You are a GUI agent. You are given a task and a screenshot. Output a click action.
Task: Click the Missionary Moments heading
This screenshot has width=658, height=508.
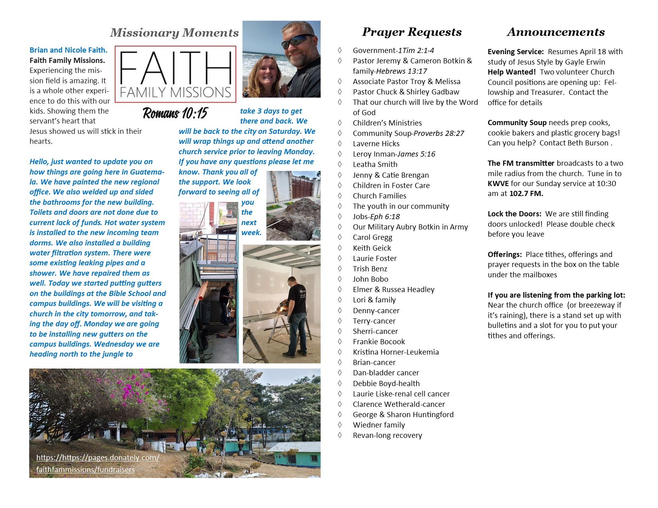pos(174,33)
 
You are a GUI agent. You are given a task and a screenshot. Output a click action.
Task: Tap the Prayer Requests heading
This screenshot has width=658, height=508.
pos(412,32)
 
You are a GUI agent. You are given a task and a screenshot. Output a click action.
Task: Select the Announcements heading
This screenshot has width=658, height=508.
pos(556,32)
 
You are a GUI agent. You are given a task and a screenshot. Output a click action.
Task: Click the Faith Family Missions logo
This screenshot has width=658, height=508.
pos(175,75)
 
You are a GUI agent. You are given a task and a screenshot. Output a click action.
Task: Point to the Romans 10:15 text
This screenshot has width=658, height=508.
pos(175,113)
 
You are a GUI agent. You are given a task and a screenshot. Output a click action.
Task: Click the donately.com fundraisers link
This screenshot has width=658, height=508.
pos(98,463)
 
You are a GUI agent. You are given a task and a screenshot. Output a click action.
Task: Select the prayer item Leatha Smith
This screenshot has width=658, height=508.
pos(375,164)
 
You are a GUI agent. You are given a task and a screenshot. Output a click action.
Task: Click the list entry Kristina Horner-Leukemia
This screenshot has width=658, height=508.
pos(396,352)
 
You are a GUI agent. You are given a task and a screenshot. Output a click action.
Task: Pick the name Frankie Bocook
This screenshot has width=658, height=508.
pos(379,341)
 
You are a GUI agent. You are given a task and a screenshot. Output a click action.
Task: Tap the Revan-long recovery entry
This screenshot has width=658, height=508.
pos(387,435)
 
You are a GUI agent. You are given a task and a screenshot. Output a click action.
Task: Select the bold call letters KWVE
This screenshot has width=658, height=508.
pos(498,184)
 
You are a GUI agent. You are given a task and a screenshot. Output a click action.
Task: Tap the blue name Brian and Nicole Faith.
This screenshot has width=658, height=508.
pos(68,50)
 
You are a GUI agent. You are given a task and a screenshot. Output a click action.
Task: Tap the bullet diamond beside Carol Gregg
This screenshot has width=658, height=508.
pos(340,237)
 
